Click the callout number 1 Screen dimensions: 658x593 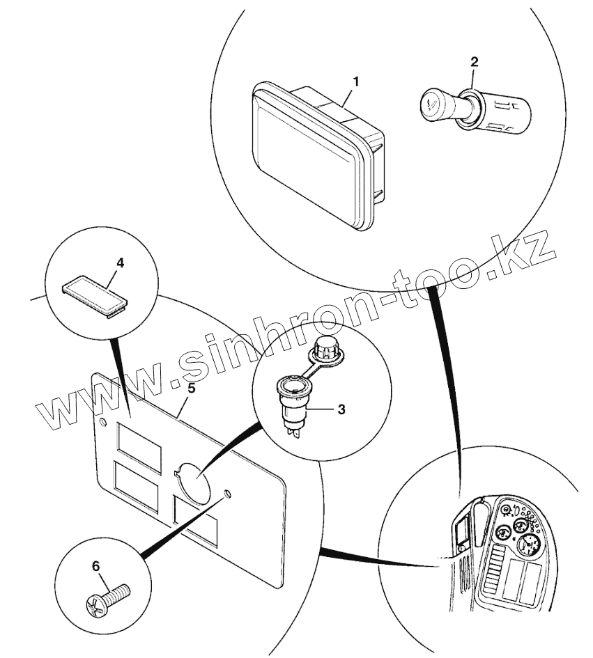pos(355,81)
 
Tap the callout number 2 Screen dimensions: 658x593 pos(474,61)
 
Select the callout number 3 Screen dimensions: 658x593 pos(341,409)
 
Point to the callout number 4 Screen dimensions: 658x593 pos(120,263)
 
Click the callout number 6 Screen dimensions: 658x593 pos(96,565)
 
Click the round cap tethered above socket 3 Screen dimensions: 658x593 pos(325,347)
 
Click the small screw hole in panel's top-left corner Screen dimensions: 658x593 pos(104,423)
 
